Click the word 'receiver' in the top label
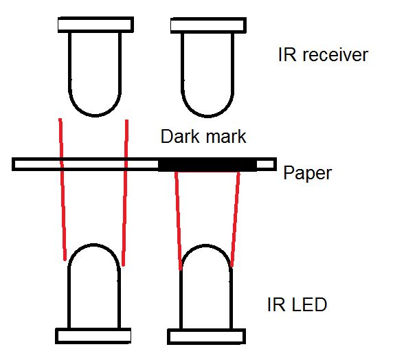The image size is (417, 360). tap(334, 55)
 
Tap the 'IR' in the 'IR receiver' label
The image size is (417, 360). tap(287, 55)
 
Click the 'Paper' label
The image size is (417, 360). tap(307, 172)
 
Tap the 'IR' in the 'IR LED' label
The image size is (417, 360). tap(276, 304)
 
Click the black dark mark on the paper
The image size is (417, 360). tap(207, 165)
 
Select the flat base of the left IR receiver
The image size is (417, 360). tap(95, 24)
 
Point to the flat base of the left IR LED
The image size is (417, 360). tap(93, 335)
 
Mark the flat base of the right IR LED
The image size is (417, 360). tap(206, 336)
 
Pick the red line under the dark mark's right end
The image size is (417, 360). tap(236, 220)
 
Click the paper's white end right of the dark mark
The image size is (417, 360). tap(266, 164)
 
